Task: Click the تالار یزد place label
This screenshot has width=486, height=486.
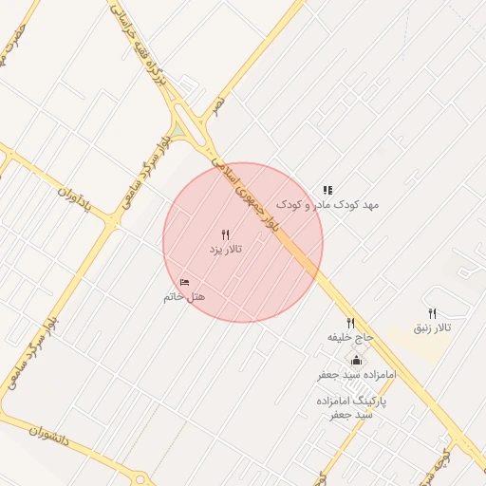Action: click(226, 249)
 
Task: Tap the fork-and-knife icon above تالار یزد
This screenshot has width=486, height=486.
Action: click(226, 234)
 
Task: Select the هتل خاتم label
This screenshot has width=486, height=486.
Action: click(184, 296)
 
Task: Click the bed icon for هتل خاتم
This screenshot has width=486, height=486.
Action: click(184, 282)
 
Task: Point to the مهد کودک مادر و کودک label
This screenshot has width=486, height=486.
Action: click(327, 204)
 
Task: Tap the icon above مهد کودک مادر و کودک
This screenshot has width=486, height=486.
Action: click(327, 191)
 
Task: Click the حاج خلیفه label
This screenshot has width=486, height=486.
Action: click(351, 337)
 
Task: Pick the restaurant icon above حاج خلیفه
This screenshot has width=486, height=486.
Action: click(351, 324)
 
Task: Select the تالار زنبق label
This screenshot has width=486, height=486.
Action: click(432, 327)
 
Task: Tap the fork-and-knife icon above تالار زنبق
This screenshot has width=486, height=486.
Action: click(432, 313)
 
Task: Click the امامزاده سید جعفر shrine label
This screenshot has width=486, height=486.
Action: click(357, 375)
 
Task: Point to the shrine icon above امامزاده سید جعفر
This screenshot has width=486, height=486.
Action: click(357, 361)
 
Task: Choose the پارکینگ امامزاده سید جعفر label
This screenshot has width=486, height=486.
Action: click(352, 407)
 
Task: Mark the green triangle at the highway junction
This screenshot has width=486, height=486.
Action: click(178, 130)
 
